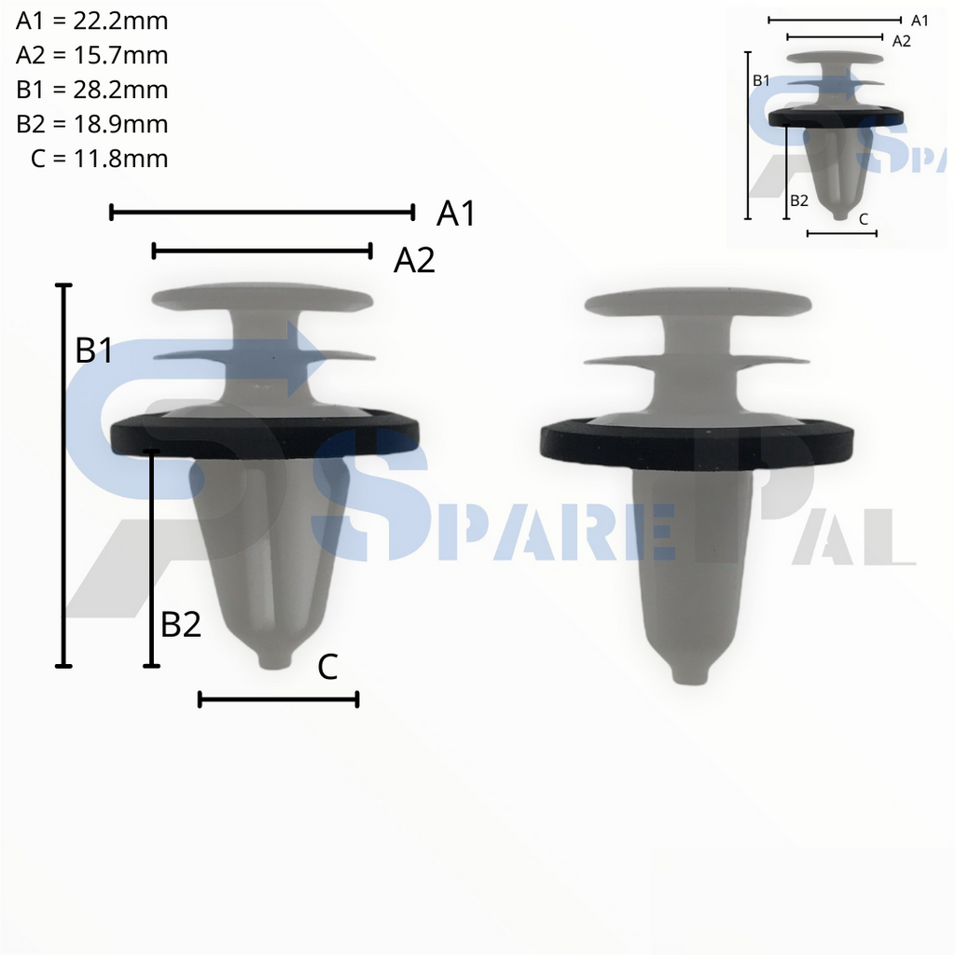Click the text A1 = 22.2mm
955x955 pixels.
92,21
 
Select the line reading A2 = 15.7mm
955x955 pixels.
92,55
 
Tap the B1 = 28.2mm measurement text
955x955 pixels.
92,90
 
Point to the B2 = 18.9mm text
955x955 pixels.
92,124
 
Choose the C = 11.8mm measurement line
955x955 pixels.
99,159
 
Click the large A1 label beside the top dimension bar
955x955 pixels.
456,215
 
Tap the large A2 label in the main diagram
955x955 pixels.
414,261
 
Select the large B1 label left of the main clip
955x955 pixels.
94,351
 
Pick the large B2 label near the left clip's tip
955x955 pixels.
181,625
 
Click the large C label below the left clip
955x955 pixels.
327,667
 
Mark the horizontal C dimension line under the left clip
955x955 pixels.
278,699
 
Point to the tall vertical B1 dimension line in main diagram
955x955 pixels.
63,476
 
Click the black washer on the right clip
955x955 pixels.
696,444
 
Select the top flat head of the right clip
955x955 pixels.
698,302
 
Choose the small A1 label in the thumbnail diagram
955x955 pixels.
920,20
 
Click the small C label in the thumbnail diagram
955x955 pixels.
863,219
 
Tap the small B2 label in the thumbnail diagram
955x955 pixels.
798,201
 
